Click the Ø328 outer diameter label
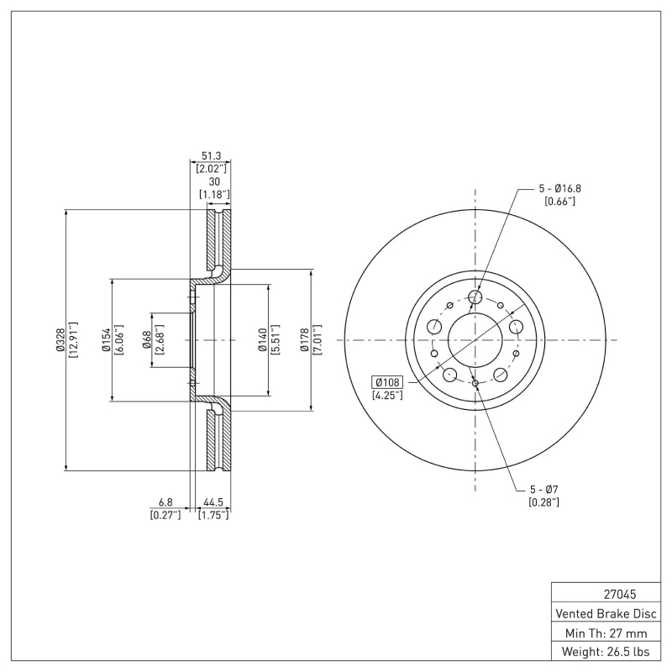tap(60, 339)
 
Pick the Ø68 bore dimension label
tap(147, 339)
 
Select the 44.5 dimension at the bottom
tap(213, 504)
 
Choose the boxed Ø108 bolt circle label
tap(388, 382)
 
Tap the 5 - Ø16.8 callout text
tap(560, 188)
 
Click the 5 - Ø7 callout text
tap(543, 490)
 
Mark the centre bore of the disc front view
tap(475, 340)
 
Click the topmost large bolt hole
tap(475, 297)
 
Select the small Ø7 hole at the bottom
tap(475, 384)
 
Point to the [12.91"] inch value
tap(74, 339)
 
